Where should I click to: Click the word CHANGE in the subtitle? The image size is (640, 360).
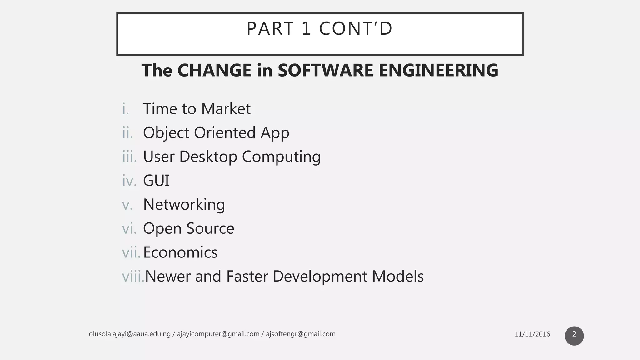click(x=214, y=70)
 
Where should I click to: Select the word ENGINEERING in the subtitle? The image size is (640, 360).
click(x=438, y=70)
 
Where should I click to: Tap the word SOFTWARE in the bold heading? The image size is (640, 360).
click(x=325, y=70)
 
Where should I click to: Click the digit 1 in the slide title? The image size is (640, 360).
click(x=306, y=29)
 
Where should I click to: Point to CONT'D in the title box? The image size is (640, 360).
click(x=356, y=29)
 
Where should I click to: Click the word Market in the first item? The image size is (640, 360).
click(x=226, y=109)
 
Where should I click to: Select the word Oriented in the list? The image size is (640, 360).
click(x=225, y=132)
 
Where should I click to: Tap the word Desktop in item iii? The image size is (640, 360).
click(x=208, y=157)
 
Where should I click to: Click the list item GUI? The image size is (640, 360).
click(x=156, y=181)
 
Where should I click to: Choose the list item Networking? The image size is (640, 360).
click(x=184, y=205)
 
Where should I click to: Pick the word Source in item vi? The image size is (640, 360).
click(x=210, y=228)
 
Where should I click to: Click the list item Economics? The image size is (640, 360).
click(x=180, y=252)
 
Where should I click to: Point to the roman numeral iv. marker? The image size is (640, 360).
click(x=129, y=181)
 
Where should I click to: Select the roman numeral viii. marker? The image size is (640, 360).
click(x=133, y=277)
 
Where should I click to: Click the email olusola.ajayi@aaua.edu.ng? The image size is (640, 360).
click(x=130, y=334)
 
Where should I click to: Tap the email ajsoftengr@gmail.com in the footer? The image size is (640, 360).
click(x=301, y=334)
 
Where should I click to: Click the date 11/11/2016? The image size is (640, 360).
click(x=532, y=334)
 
